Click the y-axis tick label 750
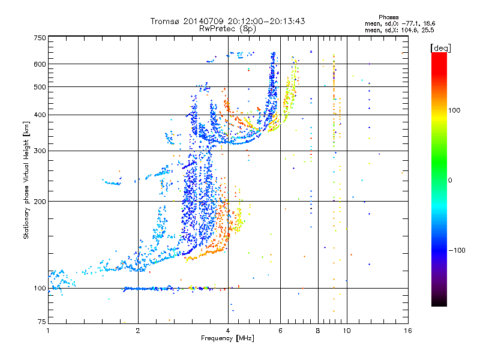click(40, 38)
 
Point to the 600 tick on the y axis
click(40, 64)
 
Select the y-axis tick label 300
click(40, 151)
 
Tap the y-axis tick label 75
click(41, 322)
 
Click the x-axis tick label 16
click(408, 331)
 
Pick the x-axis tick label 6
click(280, 331)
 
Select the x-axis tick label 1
click(48, 331)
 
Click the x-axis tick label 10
click(347, 331)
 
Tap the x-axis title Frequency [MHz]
click(227, 338)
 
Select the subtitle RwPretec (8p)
click(227, 29)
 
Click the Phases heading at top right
click(388, 17)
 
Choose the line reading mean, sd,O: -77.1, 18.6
click(400, 23)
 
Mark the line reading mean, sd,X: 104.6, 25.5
click(399, 31)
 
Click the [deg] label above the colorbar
click(440, 49)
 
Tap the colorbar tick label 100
click(454, 110)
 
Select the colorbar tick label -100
click(457, 250)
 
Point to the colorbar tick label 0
click(450, 181)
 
